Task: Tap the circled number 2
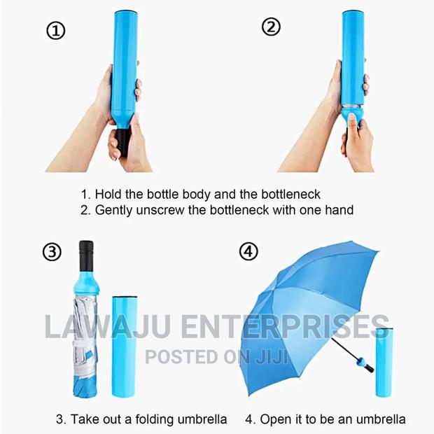[x=270, y=27]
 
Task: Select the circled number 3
[x=52, y=253]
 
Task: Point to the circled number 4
[x=248, y=251]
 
